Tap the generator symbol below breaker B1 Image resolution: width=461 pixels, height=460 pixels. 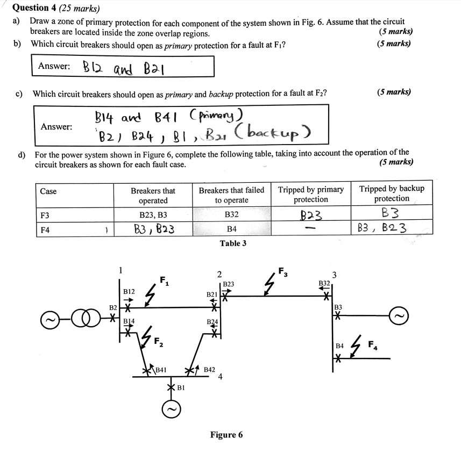click(171, 411)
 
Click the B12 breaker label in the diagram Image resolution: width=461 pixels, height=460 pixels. click(129, 291)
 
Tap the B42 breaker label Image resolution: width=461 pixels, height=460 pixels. click(210, 370)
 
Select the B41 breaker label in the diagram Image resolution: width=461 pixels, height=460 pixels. click(161, 370)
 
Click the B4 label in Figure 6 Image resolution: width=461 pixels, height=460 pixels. click(339, 347)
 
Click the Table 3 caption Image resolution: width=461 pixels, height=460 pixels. click(233, 243)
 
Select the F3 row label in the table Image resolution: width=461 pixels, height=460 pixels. click(45, 215)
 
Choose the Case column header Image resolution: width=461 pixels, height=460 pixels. click(48, 191)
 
